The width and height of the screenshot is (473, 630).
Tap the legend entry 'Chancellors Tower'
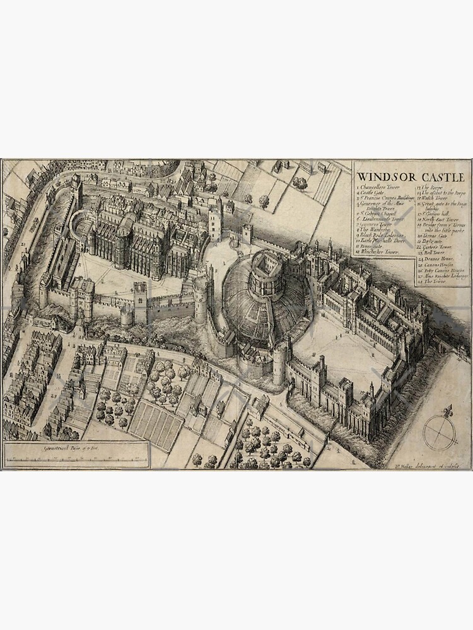(380, 188)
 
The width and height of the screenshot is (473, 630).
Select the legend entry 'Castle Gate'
(375, 193)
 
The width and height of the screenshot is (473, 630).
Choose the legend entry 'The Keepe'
(430, 188)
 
